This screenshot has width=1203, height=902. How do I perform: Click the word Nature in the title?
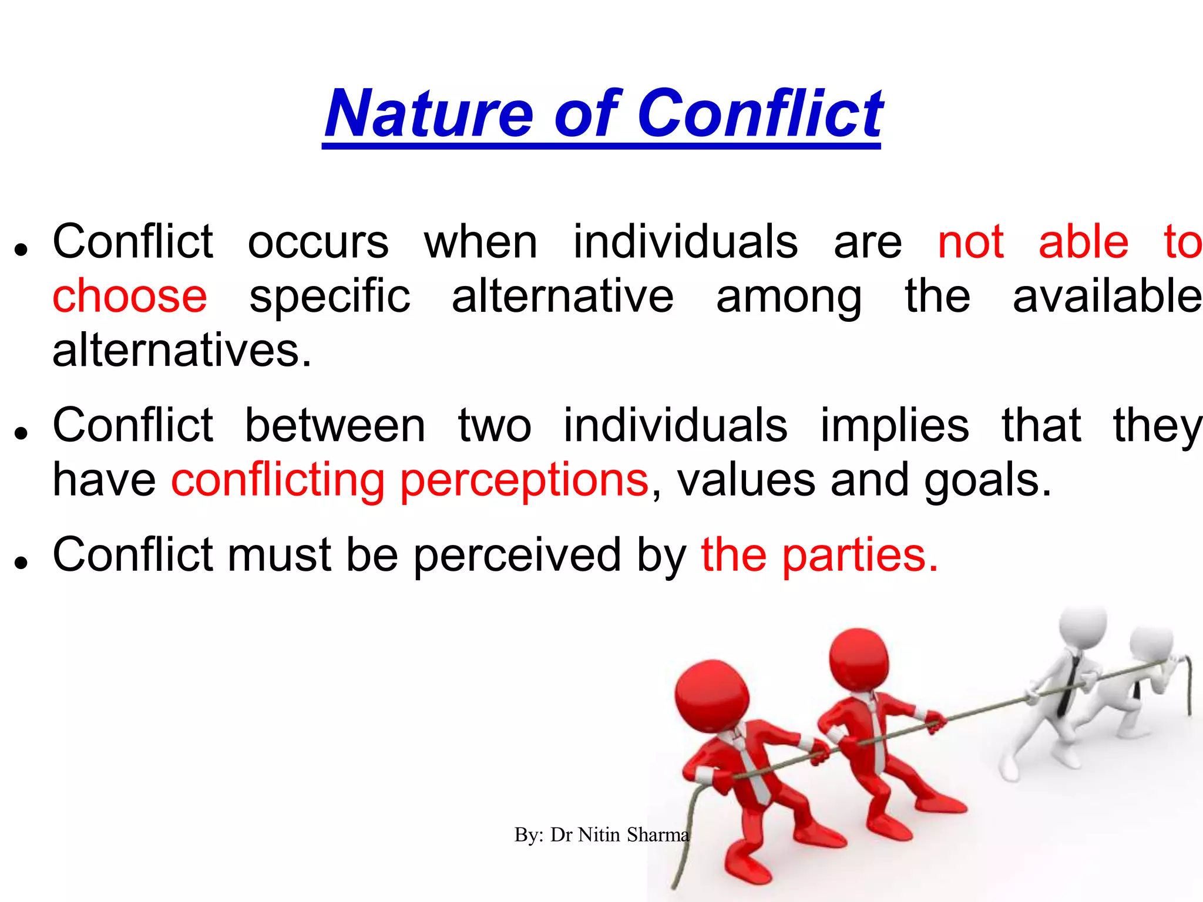pyautogui.click(x=428, y=114)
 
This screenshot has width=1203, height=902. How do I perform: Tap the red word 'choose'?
pyautogui.click(x=130, y=296)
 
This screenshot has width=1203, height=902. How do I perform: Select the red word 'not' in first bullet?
pyautogui.click(x=970, y=242)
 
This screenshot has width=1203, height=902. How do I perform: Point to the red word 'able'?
pyautogui.click(x=1083, y=242)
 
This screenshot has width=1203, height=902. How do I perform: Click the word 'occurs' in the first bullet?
pyautogui.click(x=318, y=242)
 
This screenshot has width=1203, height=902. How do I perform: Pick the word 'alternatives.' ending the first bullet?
pyautogui.click(x=182, y=351)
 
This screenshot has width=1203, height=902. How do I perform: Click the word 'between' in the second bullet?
pyautogui.click(x=335, y=425)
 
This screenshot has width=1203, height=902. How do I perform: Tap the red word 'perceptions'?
pyautogui.click(x=524, y=480)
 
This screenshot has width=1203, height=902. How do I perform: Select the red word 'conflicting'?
pyautogui.click(x=278, y=480)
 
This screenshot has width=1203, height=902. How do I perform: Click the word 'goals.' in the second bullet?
pyautogui.click(x=987, y=480)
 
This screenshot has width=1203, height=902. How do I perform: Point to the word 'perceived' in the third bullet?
pyautogui.click(x=517, y=555)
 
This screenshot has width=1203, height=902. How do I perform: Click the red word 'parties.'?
pyautogui.click(x=860, y=555)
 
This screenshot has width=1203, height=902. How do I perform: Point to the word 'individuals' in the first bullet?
pyautogui.click(x=685, y=242)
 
